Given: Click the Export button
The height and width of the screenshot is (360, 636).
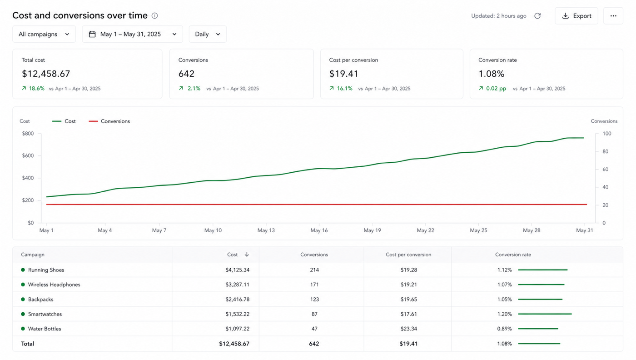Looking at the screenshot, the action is coord(576,16).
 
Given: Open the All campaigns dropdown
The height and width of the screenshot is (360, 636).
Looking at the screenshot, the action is coord(44,34).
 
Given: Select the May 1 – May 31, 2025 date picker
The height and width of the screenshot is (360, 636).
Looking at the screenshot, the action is coord(132,34).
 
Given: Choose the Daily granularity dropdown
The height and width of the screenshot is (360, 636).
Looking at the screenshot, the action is coord(208,34).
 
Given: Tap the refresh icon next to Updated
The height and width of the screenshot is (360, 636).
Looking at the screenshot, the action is coord(537,16).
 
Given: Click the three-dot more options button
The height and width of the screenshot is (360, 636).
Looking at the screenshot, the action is coord(613,16).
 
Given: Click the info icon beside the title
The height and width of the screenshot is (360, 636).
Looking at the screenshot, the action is coord(155,15).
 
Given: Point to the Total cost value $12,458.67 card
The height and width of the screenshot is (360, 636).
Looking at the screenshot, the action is coord(87,74).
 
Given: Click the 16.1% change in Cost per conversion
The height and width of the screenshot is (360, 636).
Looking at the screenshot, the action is coord(344,88).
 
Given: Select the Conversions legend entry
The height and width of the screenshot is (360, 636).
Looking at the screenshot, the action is coord(109,121).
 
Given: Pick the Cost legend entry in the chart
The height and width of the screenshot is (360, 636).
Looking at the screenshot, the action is coord(64,121).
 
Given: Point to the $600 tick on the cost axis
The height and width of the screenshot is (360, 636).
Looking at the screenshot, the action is coord(28,156).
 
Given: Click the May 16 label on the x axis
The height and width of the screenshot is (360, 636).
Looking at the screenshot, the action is coord(319,230).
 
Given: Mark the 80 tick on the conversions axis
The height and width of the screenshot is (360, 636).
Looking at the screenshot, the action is coord(606,151).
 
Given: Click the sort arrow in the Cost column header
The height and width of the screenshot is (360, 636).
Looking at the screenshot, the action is coord(247,254).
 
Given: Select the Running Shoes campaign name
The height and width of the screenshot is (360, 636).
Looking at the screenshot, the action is coord(46,270).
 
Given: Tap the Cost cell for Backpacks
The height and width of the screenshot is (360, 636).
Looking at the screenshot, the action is coord(237,299).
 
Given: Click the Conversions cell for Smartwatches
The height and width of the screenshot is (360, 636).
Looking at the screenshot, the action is coord(314,314).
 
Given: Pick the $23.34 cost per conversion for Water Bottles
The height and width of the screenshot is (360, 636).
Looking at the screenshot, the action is coord(408,329).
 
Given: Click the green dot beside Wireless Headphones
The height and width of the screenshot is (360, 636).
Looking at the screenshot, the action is coord(23,285).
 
